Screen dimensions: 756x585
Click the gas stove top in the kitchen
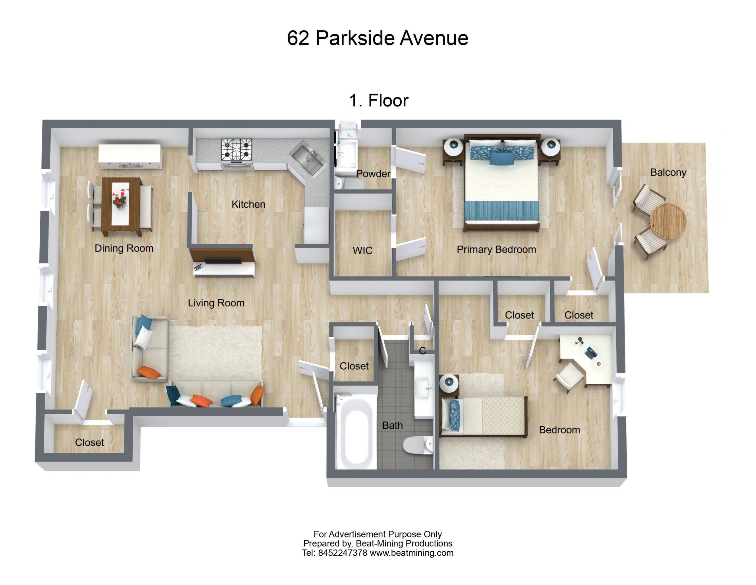(x=237, y=150)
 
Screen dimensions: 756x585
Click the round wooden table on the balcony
(x=668, y=221)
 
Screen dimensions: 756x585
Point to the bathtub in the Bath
(x=356, y=431)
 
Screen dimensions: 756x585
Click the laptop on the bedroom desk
(x=591, y=353)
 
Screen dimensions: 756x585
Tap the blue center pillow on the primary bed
(x=502, y=159)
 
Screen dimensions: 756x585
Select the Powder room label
(x=373, y=174)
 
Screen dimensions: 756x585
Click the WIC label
(x=363, y=250)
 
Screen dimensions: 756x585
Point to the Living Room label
(x=216, y=303)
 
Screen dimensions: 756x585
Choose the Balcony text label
(x=668, y=172)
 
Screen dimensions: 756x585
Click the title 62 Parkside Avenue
(x=378, y=38)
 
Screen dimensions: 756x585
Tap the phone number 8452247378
(x=342, y=553)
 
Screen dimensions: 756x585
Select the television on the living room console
(x=223, y=261)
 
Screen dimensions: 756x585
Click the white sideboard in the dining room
(x=130, y=157)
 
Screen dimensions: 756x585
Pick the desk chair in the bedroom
(x=569, y=376)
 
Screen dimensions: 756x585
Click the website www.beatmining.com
(x=412, y=553)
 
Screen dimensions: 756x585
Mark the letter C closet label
(x=422, y=351)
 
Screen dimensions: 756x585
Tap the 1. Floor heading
(x=379, y=101)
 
